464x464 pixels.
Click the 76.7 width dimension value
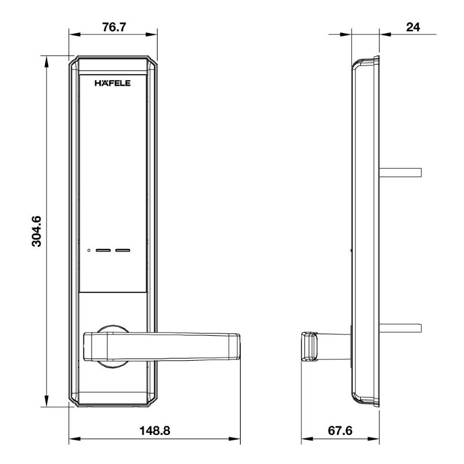pos(114,27)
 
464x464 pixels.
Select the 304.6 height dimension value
pos(37,231)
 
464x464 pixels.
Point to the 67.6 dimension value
pos(340,431)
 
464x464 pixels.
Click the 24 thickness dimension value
pos(413,27)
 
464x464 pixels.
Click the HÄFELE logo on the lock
pos(113,83)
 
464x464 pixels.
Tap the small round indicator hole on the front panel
pos(88,251)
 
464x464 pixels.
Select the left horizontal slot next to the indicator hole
pos(103,251)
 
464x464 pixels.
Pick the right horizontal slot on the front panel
pos(123,251)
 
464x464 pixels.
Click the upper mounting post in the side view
pos(400,172)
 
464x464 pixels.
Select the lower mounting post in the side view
pos(400,328)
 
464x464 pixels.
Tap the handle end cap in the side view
pos(310,347)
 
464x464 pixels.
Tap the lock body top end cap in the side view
pos(367,60)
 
